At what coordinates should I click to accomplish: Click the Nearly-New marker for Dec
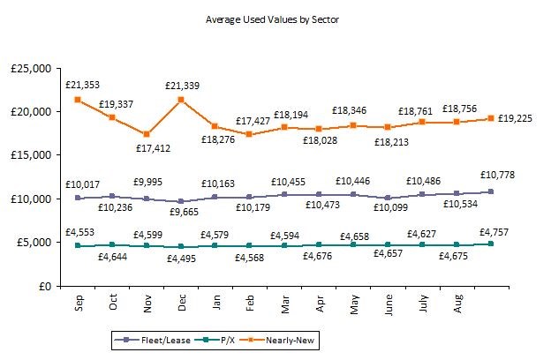[x=182, y=100]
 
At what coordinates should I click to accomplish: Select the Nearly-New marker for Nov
[x=147, y=134]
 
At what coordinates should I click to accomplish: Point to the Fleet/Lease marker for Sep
[x=79, y=199]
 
